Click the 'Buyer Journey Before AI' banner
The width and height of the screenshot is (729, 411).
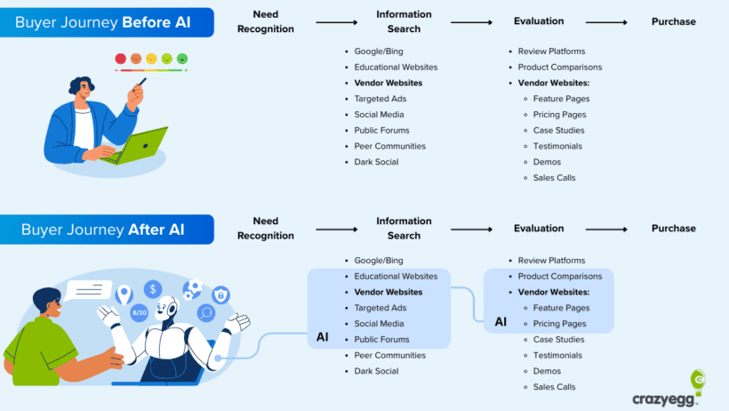[x=107, y=22]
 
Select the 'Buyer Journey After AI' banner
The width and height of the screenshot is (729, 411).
[x=107, y=230]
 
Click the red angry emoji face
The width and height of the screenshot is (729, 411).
[x=120, y=59]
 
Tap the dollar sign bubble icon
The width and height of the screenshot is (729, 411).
[x=154, y=288]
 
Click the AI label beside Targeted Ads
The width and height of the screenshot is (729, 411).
[x=322, y=337]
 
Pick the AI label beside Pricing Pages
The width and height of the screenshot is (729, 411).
[x=501, y=321]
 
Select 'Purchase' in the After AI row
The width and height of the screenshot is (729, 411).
[x=673, y=229]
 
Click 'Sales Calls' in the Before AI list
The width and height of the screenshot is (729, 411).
[x=554, y=178]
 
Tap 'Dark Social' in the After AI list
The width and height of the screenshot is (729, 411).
[x=376, y=371]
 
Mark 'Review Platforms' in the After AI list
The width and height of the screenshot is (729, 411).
[x=551, y=261]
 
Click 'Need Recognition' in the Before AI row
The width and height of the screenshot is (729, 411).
[x=265, y=21]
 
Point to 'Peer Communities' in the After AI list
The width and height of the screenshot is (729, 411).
[x=389, y=355]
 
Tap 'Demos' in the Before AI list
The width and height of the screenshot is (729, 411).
[x=547, y=162]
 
